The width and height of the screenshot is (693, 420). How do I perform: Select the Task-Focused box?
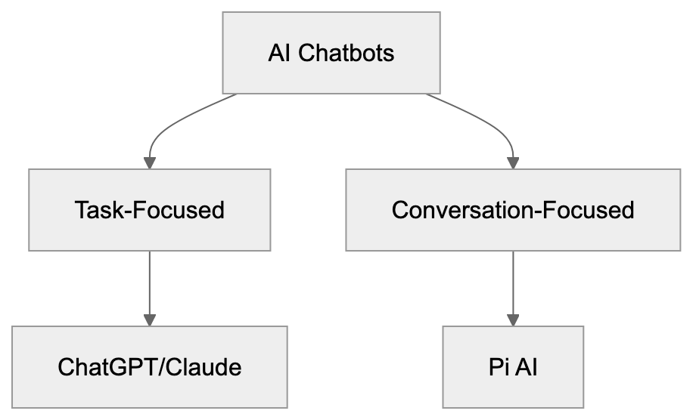click(150, 209)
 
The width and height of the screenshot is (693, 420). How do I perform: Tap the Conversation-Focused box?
click(513, 209)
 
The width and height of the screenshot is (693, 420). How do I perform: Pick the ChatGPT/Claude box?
click(150, 367)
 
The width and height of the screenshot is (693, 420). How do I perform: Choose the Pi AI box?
click(513, 367)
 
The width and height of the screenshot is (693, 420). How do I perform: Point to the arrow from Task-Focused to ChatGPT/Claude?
click(150, 283)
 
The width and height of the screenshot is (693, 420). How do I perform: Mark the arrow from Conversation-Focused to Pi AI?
click(514, 283)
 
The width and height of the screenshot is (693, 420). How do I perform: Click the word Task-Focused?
click(150, 209)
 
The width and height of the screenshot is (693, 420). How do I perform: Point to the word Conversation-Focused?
click(513, 209)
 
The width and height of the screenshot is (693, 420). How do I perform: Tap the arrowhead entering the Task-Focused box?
click(150, 162)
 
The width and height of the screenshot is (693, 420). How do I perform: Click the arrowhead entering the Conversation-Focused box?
click(514, 162)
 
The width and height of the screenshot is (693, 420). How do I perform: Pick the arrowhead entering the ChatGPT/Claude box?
click(150, 319)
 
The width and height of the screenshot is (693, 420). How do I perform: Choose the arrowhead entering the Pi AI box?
click(514, 319)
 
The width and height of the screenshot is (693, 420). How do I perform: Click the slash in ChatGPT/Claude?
click(162, 368)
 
